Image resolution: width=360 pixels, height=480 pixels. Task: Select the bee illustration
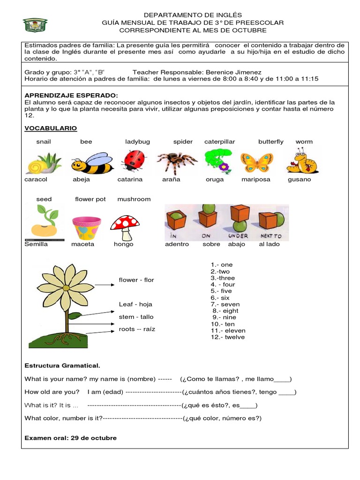pyautogui.click(x=92, y=163)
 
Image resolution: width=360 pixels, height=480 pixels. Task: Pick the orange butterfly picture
pyautogui.click(x=256, y=162)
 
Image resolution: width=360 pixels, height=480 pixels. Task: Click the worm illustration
pyautogui.click(x=302, y=161)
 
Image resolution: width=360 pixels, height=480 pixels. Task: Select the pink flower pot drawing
pyautogui.click(x=86, y=228)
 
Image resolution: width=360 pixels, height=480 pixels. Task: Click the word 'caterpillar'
pyautogui.click(x=219, y=142)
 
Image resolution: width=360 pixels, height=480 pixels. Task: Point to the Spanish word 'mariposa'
pyautogui.click(x=255, y=180)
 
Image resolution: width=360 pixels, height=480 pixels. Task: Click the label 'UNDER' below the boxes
pyautogui.click(x=238, y=236)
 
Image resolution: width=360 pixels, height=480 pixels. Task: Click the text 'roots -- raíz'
pyautogui.click(x=137, y=329)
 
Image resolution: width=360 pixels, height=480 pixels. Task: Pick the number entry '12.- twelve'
pyautogui.click(x=227, y=337)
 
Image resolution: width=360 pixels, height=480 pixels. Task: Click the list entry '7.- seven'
pyautogui.click(x=225, y=304)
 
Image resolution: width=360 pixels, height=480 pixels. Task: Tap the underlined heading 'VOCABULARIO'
pyautogui.click(x=51, y=128)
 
